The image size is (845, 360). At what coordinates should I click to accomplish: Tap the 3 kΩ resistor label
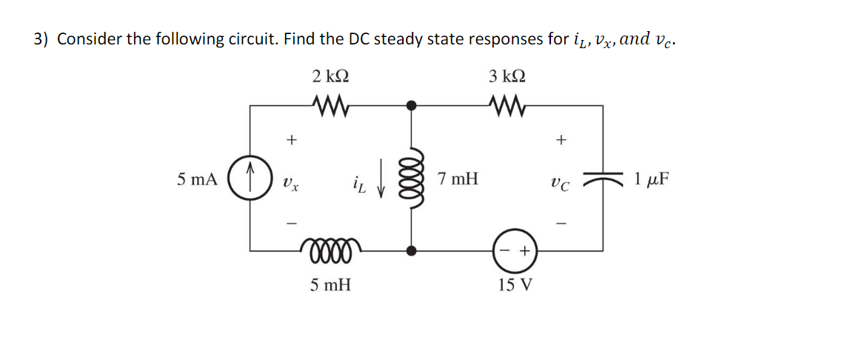coord(507,76)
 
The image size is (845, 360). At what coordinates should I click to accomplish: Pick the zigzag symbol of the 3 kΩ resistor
coord(507,105)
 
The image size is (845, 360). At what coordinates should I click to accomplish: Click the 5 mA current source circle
coord(250,179)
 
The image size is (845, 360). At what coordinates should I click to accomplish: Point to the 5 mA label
coord(197,179)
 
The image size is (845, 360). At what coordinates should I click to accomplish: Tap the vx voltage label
coord(291,181)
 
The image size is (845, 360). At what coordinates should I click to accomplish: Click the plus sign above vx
coord(291,139)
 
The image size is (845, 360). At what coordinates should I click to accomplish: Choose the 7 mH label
coord(458,179)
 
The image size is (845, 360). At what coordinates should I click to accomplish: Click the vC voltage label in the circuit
coord(561,181)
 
